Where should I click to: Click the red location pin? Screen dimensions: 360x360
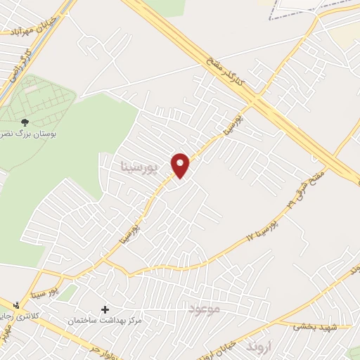coord(181,165)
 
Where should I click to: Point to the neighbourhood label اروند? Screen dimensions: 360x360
coord(258,347)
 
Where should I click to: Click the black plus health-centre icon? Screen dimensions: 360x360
coord(105,309)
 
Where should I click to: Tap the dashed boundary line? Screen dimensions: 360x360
coord(309,8)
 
